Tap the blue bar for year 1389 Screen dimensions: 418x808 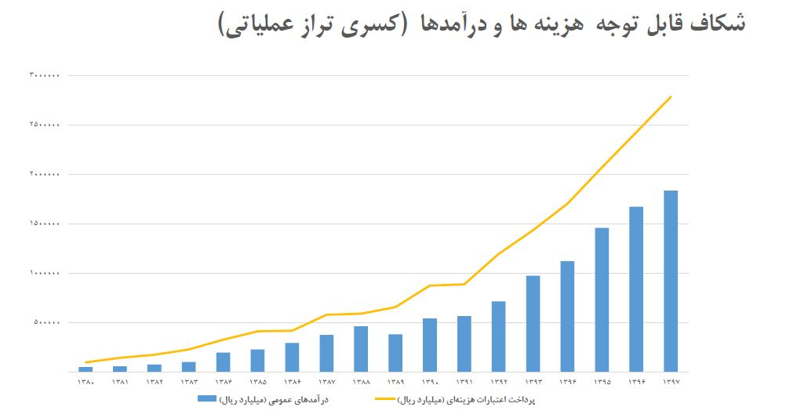[395, 353]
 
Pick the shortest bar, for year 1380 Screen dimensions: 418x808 [86, 369]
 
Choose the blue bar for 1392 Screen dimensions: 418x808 [498, 336]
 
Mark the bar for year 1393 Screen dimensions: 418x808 [533, 323]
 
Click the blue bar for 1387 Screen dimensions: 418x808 [326, 353]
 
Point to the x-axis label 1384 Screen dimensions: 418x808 [224, 382]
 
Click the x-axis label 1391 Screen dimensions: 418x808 [464, 382]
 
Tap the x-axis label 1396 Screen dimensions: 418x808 [636, 382]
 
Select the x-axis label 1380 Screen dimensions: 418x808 [86, 382]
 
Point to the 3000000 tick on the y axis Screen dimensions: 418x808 [45, 76]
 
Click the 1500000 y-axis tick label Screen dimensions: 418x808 [45, 224]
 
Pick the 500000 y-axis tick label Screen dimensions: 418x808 [46, 323]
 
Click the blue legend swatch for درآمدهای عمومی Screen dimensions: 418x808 [206, 399]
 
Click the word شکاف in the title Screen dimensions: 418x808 [720, 24]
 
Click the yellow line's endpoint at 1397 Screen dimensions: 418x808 [671, 96]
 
